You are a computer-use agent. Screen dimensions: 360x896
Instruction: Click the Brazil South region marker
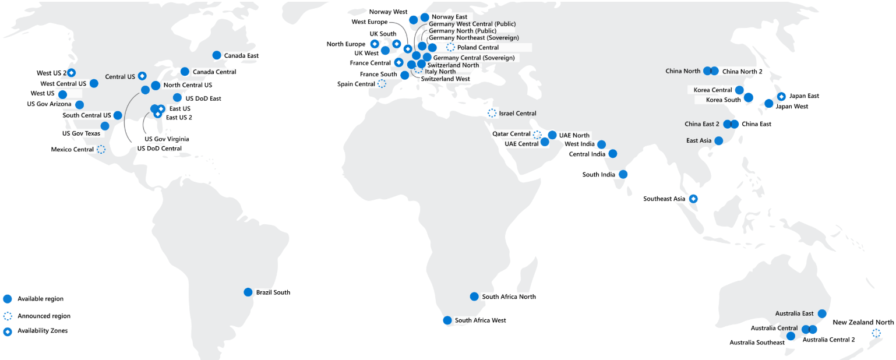pos(248,292)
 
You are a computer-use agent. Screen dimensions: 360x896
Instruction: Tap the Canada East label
pos(241,56)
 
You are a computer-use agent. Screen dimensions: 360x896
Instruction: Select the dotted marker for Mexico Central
pos(101,149)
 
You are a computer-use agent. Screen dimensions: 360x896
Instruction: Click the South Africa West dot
pos(447,320)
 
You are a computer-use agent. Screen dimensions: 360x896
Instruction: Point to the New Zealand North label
pos(863,323)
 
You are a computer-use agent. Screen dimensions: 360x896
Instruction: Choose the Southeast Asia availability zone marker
pos(693,199)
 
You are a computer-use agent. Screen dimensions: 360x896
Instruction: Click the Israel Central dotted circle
pos(492,113)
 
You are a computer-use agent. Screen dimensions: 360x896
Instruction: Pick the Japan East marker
pos(781,96)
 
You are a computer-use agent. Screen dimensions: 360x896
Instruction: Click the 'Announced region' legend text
pos(44,316)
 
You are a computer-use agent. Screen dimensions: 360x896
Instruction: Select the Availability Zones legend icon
pos(8,331)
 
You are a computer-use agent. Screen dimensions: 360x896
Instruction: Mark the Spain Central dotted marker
pos(382,84)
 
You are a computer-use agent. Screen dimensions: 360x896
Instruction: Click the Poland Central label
pos(478,48)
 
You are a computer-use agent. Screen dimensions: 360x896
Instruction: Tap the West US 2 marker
pos(71,73)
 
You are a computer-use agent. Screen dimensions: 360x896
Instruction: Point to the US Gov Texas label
pos(81,133)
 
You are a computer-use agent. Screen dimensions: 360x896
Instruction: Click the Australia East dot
pos(822,313)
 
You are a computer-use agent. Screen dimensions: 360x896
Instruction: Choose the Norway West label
pos(388,12)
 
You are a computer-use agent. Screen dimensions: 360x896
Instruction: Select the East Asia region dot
pos(718,140)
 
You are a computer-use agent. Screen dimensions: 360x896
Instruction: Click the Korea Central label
pos(712,90)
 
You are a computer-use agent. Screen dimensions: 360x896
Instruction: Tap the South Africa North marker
pos(474,297)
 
